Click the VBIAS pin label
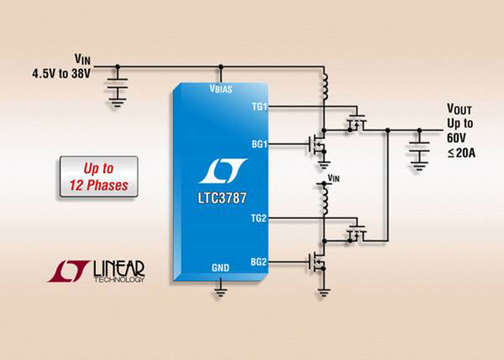tap(220, 89)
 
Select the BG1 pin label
tap(259, 144)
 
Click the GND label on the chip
tap(220, 267)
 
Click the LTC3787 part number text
tap(220, 198)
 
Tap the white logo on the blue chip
tap(221, 171)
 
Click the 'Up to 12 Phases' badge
tap(98, 177)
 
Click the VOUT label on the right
tap(459, 109)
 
